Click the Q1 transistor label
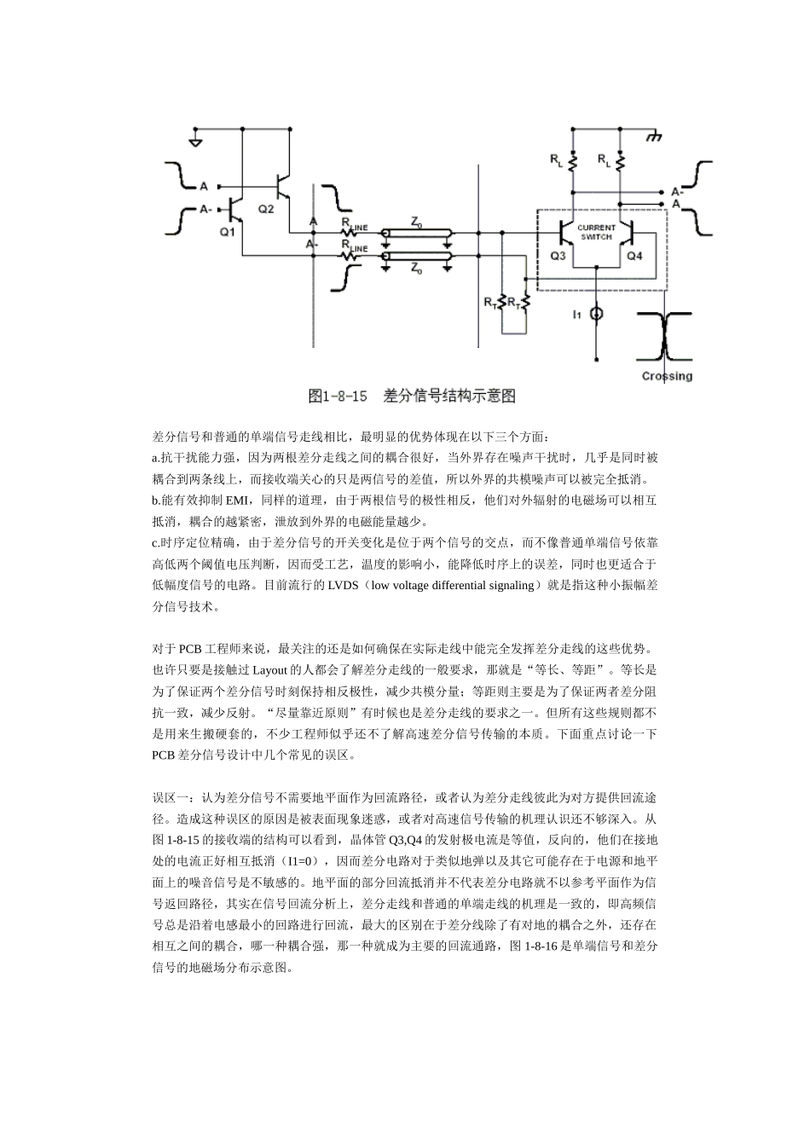pyautogui.click(x=227, y=231)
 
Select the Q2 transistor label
pyautogui.click(x=266, y=209)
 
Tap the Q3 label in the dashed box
pyautogui.click(x=558, y=255)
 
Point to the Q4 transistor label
pyautogui.click(x=634, y=255)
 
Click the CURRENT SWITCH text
pyautogui.click(x=597, y=232)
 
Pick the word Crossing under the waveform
pyautogui.click(x=667, y=376)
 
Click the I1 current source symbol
pyautogui.click(x=597, y=315)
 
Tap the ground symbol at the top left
pyautogui.click(x=196, y=139)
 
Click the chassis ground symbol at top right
pyautogui.click(x=655, y=136)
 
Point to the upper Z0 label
pyautogui.click(x=417, y=222)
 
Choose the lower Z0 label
pyautogui.click(x=417, y=269)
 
